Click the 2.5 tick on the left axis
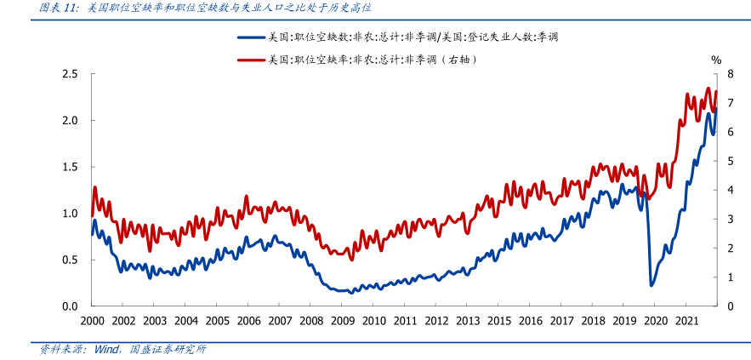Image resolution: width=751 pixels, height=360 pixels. coord(70,74)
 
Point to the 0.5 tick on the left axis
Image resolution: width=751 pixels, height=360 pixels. coord(70,260)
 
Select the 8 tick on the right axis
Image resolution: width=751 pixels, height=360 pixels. coord(730,74)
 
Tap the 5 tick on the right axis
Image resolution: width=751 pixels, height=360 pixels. coord(730,161)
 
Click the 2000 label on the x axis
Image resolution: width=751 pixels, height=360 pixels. coord(92,321)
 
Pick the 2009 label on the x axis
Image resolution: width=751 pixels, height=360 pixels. coord(342,321)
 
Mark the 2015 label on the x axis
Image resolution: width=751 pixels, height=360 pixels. coord(498,321)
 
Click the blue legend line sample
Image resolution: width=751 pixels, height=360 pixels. coord(251,37)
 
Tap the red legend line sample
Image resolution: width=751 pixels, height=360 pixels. coord(251,60)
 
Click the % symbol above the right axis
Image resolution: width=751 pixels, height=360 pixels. coord(716,60)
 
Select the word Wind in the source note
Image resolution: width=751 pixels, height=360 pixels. coord(105,349)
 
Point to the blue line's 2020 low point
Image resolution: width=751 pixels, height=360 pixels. coord(651,285)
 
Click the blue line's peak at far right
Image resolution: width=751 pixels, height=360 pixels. coord(716,108)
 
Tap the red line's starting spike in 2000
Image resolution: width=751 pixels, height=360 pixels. coord(94,186)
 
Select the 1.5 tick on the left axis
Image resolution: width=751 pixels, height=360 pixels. coord(70,167)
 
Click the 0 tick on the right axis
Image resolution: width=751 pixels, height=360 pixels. coord(730,306)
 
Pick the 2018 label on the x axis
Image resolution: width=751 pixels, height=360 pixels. coord(593,321)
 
